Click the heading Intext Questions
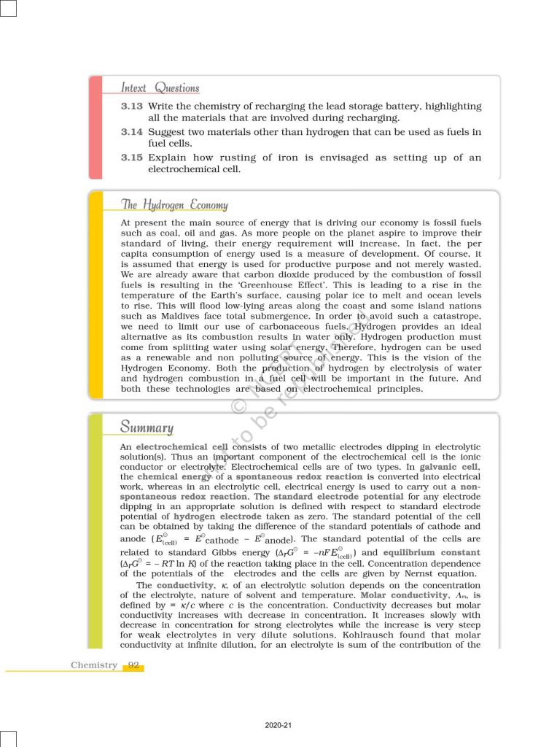pos(160,88)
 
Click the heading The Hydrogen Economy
pos(174,205)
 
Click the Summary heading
pos(147,427)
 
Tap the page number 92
pos(133,665)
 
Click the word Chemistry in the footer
pos(94,665)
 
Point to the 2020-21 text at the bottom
pos(278,725)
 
